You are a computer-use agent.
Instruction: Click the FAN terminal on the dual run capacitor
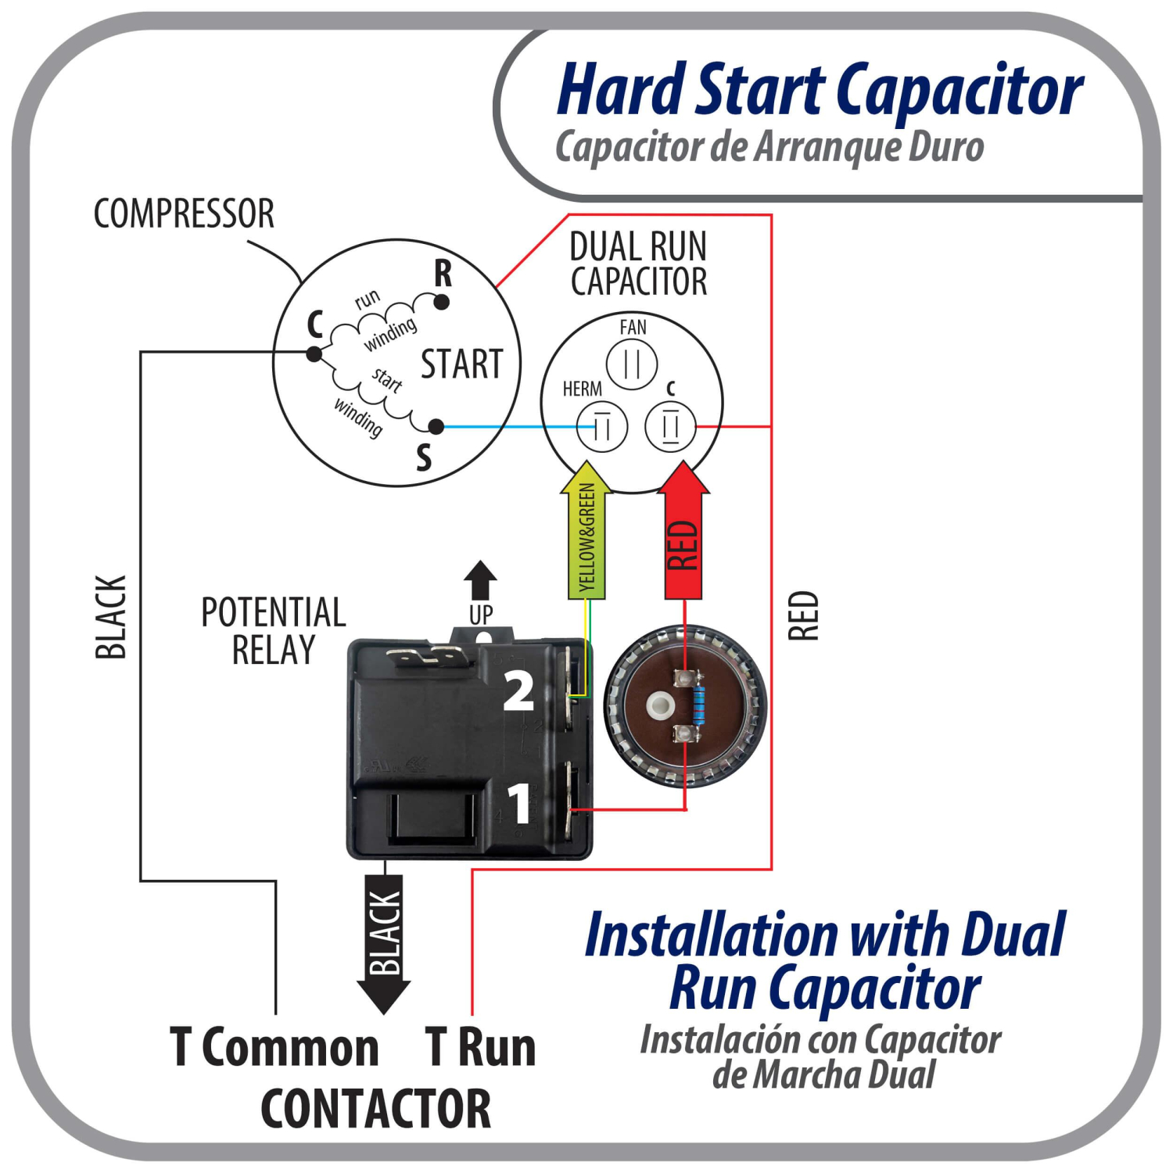point(632,364)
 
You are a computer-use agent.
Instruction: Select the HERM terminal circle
point(601,427)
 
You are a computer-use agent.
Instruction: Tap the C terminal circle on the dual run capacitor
point(670,427)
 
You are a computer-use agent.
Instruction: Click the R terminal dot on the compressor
point(442,302)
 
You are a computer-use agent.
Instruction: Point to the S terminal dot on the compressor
point(436,426)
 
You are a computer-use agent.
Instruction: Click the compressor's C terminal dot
point(314,354)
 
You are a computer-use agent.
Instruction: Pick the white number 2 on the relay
point(518,691)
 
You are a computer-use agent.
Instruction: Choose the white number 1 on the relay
point(520,803)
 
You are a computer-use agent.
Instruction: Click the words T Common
point(274,1047)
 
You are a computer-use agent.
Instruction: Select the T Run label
point(481,1047)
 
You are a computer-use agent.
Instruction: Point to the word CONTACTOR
point(375,1108)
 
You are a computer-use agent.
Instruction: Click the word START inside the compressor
point(461,364)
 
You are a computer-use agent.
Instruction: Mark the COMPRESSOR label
point(184,213)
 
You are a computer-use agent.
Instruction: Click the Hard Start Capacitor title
point(820,90)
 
